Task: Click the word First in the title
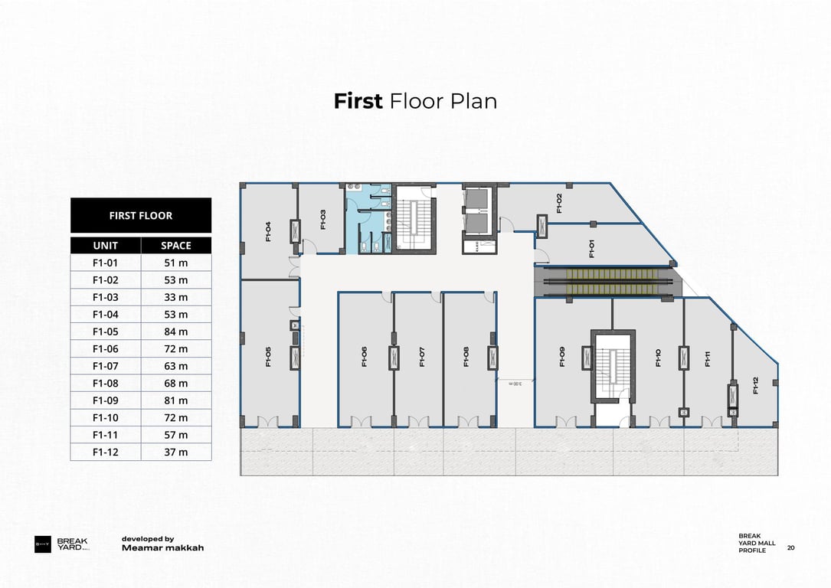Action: (358, 101)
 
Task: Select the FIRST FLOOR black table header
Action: (140, 215)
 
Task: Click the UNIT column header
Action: (105, 246)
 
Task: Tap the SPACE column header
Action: (175, 246)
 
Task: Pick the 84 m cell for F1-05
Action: (175, 332)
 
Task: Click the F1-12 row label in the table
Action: (105, 452)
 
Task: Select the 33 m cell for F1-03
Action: (175, 297)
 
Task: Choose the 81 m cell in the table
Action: (175, 400)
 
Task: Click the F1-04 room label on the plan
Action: (268, 231)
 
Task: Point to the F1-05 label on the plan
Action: (268, 358)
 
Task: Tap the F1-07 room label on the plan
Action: (422, 358)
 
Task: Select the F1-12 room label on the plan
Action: (756, 385)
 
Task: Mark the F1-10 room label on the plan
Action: (658, 358)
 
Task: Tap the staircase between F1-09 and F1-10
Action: (612, 366)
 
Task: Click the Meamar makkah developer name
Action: (162, 548)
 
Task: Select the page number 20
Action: (790, 547)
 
